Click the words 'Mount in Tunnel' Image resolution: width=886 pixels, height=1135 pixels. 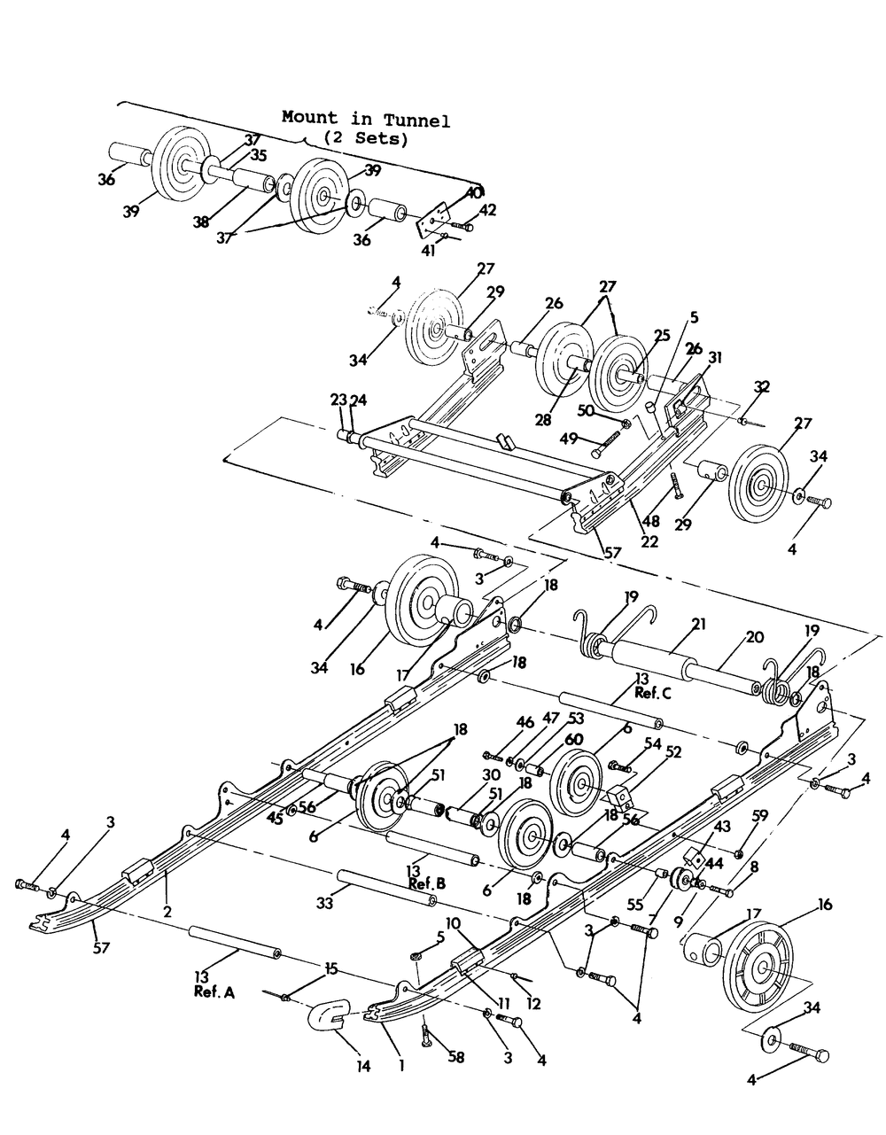click(365, 119)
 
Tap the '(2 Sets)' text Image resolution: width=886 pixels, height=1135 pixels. click(365, 138)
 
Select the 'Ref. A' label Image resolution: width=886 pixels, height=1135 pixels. click(214, 993)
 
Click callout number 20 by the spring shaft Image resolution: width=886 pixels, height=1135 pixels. click(754, 637)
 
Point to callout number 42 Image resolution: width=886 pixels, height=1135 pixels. click(488, 210)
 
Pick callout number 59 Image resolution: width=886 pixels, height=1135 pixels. click(760, 814)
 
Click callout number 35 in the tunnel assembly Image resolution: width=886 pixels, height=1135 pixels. click(258, 154)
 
